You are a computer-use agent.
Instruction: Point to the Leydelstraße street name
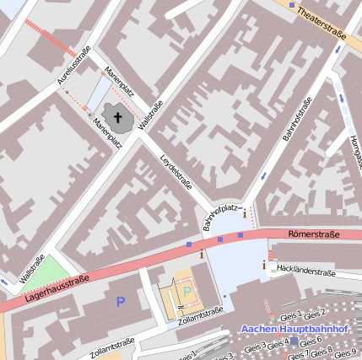[176, 174]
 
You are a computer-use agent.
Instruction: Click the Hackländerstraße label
[306, 270]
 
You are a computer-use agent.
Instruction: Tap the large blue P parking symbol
[120, 301]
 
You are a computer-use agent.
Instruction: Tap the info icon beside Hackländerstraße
[264, 266]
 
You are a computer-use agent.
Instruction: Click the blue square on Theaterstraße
[292, 6]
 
